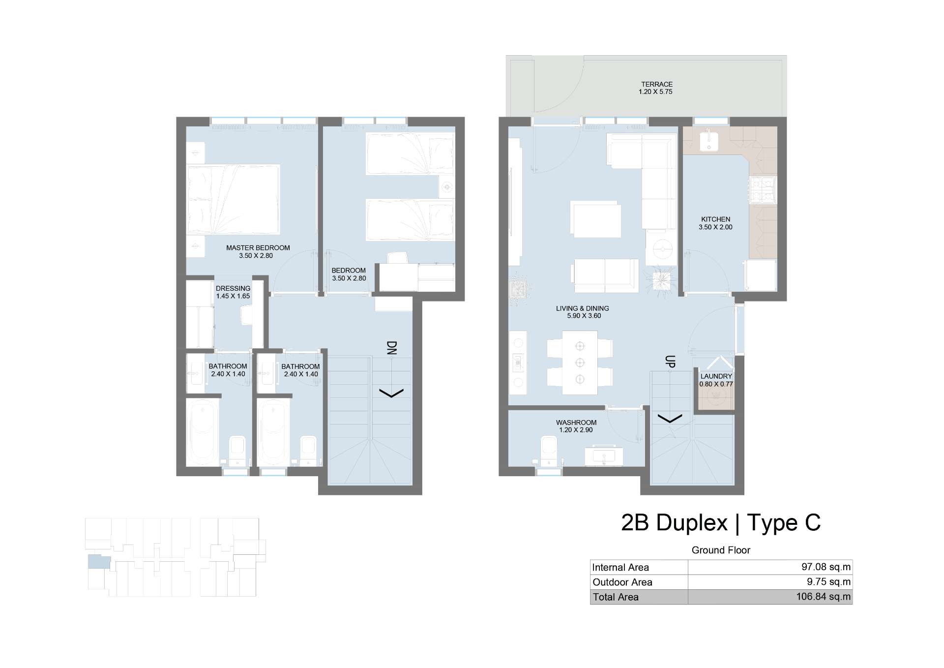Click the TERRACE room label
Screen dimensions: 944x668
tap(656, 84)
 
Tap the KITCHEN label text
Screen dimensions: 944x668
tap(715, 219)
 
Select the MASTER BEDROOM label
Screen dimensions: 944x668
tap(258, 248)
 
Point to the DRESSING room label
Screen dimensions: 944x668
tap(233, 288)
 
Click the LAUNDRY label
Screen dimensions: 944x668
tap(716, 376)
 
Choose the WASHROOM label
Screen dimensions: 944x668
tap(576, 423)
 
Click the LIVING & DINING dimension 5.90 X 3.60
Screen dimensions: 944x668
tap(584, 316)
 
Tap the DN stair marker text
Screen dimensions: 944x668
tap(392, 348)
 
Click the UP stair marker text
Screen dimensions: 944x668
tap(670, 362)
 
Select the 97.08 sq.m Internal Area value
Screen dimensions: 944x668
tap(826, 567)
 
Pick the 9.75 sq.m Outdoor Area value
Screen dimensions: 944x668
tap(828, 581)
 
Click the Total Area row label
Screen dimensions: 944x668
tap(616, 597)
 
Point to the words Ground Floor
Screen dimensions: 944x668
tap(721, 550)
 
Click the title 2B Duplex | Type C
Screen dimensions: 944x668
tap(721, 522)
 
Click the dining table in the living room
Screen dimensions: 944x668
tap(580, 363)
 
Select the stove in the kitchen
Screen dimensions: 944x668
tap(762, 191)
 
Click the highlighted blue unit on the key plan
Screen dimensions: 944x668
tap(99, 561)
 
